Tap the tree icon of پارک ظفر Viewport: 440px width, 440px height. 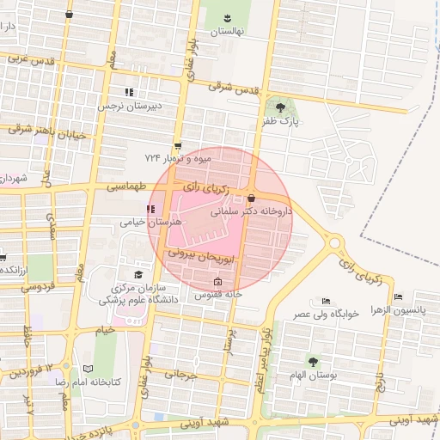(281, 107)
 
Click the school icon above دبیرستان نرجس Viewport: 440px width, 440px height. (129, 92)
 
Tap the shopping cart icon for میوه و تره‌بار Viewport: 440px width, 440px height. (178, 146)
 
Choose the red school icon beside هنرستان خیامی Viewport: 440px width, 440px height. (151, 209)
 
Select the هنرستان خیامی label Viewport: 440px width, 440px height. (154, 222)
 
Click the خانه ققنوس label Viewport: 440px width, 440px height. (217, 294)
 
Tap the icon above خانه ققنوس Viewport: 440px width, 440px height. (217, 282)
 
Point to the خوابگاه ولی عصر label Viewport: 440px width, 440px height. (337, 315)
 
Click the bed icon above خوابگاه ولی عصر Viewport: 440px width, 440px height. (325, 301)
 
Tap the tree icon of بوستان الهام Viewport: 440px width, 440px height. (313, 362)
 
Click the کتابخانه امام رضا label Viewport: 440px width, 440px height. (89, 381)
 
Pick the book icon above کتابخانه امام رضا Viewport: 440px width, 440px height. (88, 367)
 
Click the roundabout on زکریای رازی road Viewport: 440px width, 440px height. (335, 243)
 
